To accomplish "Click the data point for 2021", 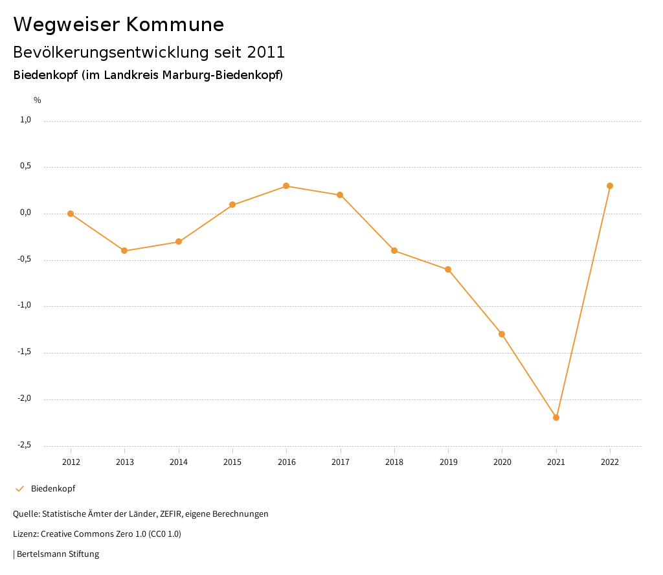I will coord(556,418).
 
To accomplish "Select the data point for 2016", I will coord(286,186).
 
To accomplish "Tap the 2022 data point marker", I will coord(610,186).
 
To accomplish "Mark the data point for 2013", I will coord(124,251).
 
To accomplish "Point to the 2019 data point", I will coord(448,269).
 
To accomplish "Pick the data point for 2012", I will coord(71,214).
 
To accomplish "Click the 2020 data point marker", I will coord(502,334).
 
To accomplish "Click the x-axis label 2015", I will coord(232,462).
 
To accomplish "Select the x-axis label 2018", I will coord(394,462).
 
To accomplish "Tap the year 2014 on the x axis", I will coord(179,462).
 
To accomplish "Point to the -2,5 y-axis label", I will coord(24,445).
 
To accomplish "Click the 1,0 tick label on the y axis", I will coord(26,120).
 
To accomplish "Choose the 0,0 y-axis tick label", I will coord(26,212).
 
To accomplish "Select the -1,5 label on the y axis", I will coord(24,352).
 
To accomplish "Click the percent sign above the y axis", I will coord(38,100).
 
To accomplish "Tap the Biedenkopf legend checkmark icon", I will coord(19,489).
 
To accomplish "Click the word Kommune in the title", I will coord(175,25).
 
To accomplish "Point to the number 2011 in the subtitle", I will coord(266,52).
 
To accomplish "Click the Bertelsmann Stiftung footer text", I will coord(58,554).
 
